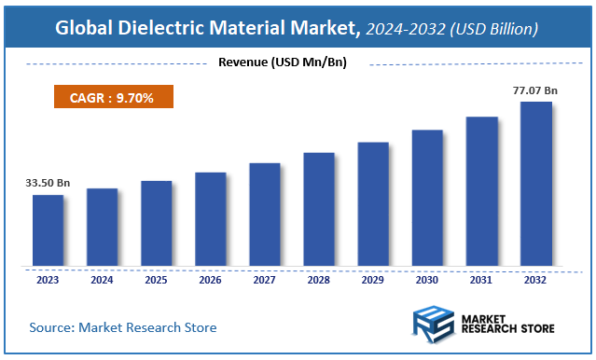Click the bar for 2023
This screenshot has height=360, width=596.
click(48, 230)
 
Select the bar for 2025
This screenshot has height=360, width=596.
click(156, 224)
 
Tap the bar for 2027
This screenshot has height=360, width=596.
click(264, 215)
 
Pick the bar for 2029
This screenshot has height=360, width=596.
click(373, 204)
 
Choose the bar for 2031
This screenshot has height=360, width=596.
click(481, 191)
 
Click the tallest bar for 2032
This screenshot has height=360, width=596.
click(535, 184)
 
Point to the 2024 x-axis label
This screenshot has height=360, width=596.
click(102, 279)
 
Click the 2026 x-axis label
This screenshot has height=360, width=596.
click(210, 279)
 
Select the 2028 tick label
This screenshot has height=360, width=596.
click(319, 279)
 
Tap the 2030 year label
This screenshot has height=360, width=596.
click(427, 279)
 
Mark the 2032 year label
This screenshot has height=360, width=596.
click(535, 279)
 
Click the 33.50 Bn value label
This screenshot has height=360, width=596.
click(48, 184)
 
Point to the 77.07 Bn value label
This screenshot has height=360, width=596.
click(535, 90)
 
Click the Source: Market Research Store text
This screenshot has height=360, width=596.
click(123, 327)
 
